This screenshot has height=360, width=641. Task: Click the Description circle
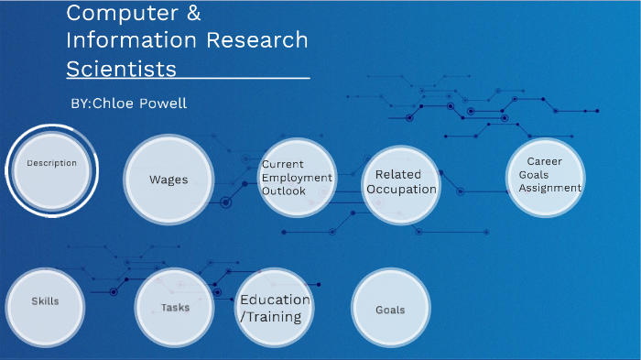(51, 170)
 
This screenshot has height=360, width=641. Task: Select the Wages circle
(168, 180)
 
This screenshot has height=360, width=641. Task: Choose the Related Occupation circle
(399, 183)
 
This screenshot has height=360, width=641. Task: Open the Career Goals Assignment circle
(546, 177)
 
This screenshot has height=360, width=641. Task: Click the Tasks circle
(174, 308)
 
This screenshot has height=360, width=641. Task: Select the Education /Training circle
(275, 309)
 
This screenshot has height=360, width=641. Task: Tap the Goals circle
(390, 310)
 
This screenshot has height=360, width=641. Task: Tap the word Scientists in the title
(121, 70)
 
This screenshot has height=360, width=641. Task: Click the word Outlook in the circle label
(284, 191)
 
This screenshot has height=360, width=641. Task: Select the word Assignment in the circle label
(549, 188)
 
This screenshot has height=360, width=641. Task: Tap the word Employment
(298, 178)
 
